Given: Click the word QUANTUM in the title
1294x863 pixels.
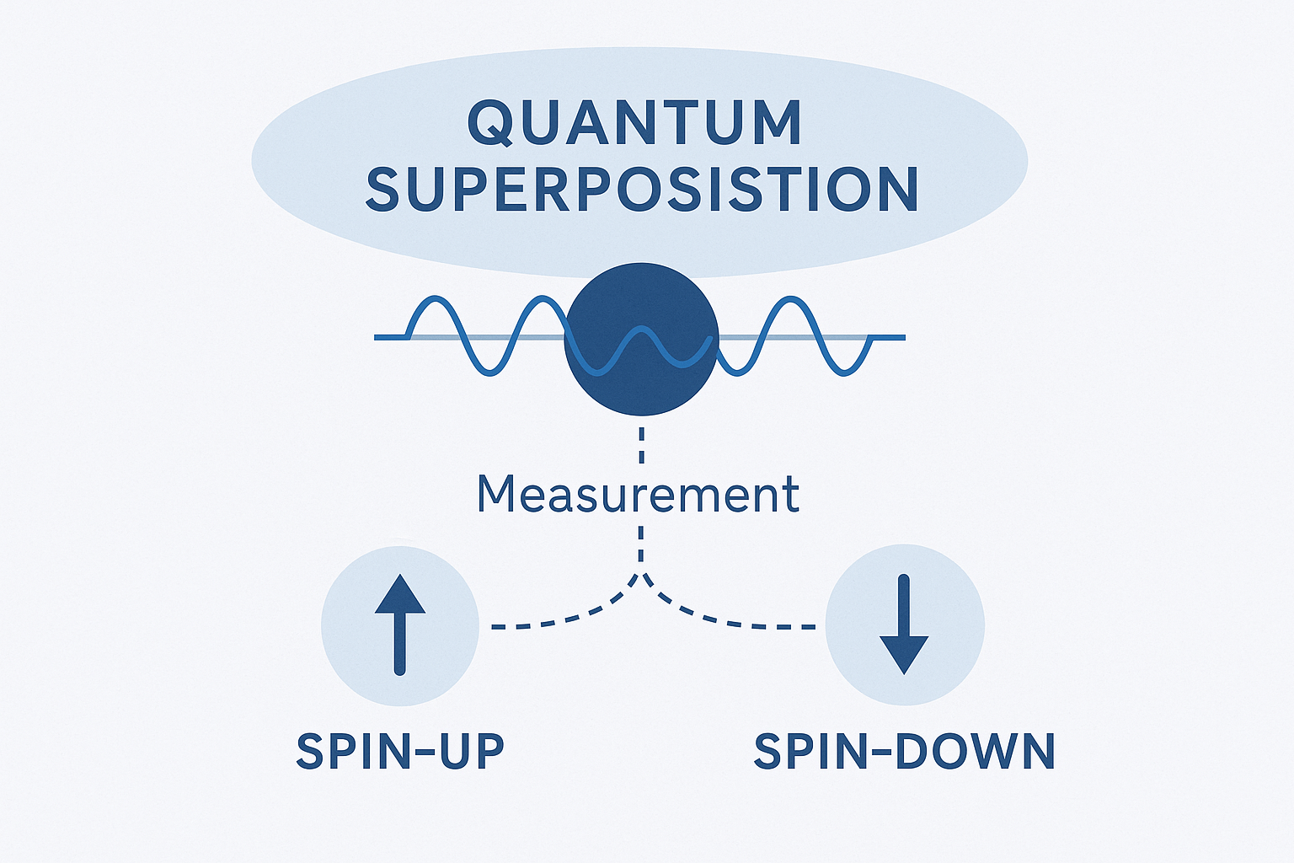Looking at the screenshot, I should [634, 123].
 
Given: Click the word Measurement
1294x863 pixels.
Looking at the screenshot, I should [638, 494].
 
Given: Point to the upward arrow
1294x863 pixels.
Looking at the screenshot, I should [400, 624].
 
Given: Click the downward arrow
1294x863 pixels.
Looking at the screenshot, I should [904, 624].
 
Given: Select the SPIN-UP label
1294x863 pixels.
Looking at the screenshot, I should [400, 751].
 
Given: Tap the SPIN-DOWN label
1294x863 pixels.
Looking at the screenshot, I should [904, 751].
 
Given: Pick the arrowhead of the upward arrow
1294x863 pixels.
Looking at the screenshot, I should [400, 593].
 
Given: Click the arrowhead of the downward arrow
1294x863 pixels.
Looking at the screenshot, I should [904, 654].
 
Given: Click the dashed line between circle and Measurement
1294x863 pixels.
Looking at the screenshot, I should [642, 447].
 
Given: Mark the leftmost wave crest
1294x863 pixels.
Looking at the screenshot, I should [433, 299].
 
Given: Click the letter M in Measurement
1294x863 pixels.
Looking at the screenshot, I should [495, 494].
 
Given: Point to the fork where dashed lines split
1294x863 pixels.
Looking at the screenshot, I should [642, 576].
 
